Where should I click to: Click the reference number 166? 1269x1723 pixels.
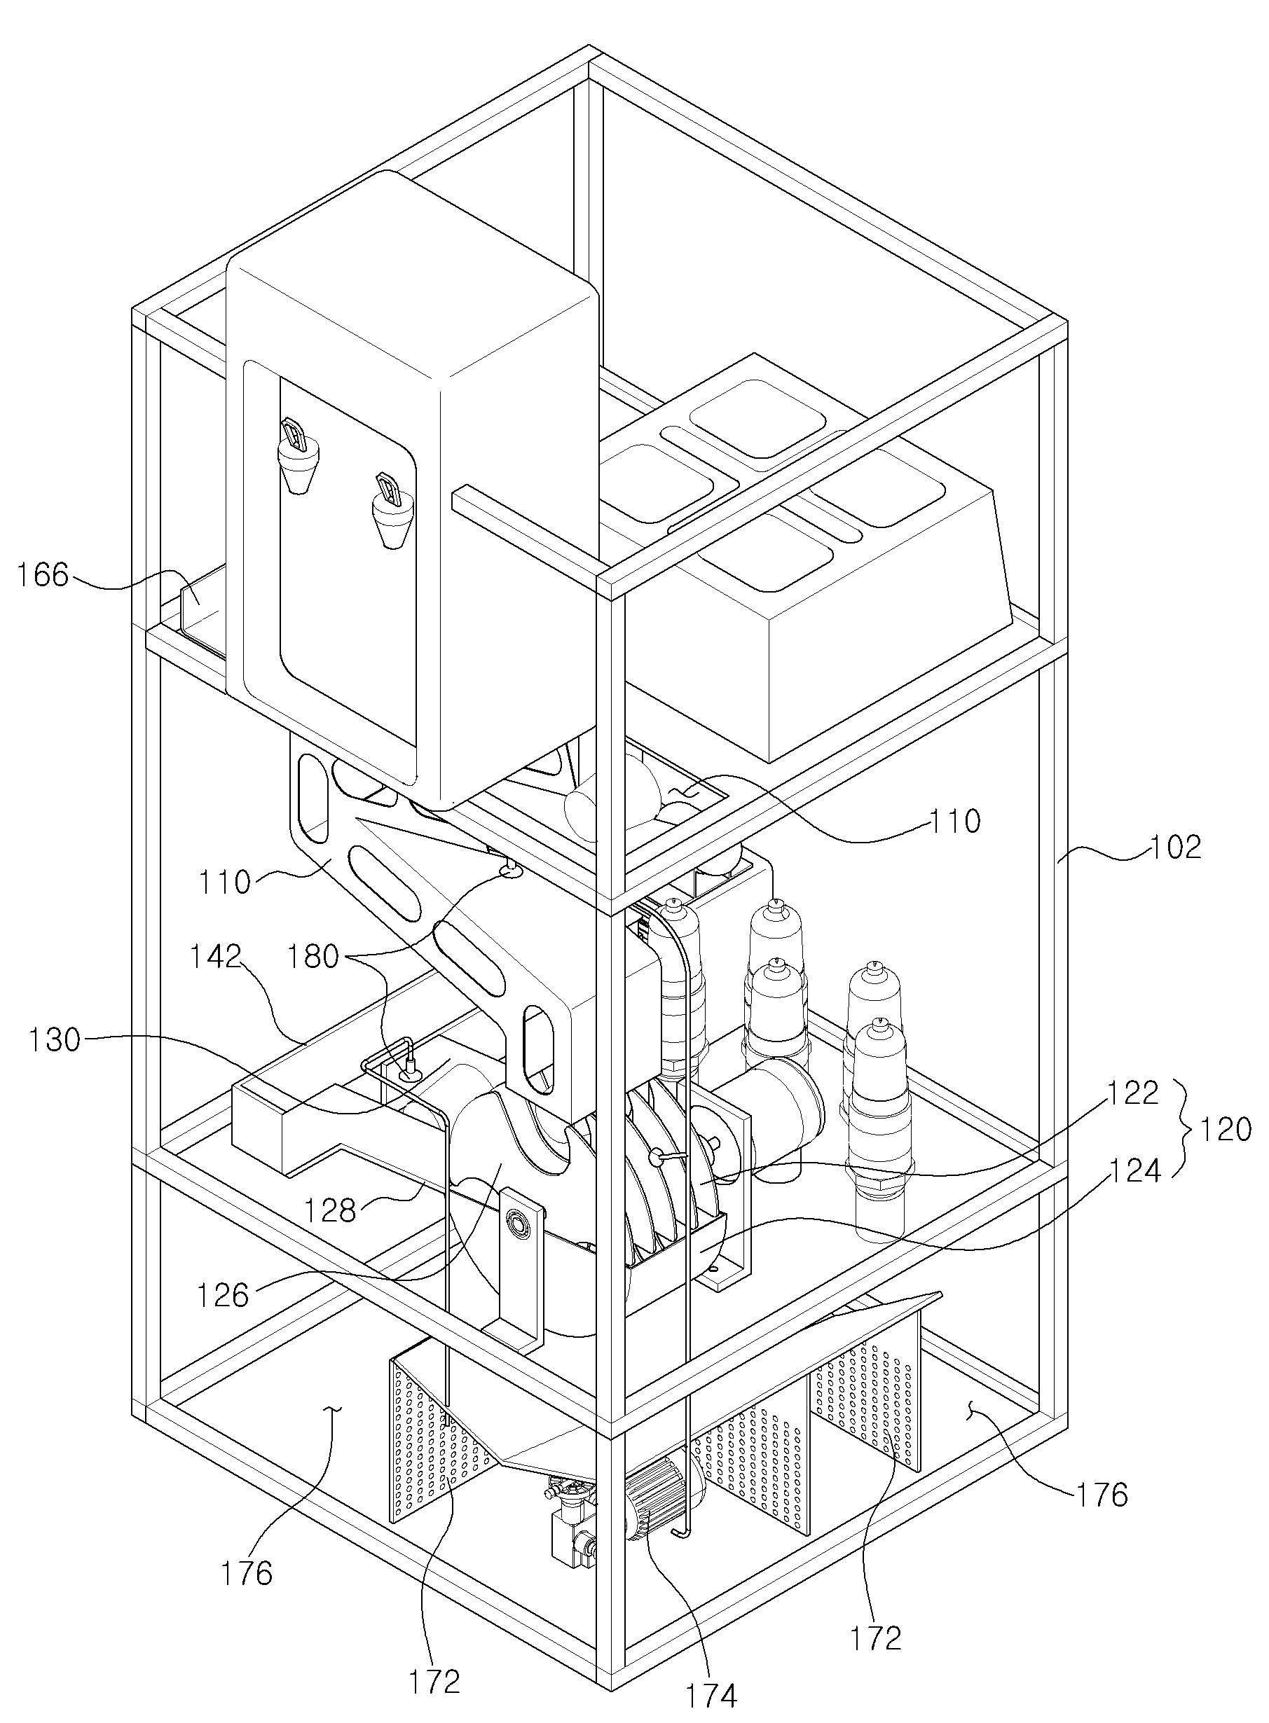(42, 574)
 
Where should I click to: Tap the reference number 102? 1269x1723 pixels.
(1176, 847)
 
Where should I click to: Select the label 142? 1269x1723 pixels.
(217, 958)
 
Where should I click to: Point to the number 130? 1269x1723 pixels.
(55, 1040)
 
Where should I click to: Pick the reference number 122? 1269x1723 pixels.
(1133, 1093)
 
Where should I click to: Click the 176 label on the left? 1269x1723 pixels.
(247, 1574)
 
